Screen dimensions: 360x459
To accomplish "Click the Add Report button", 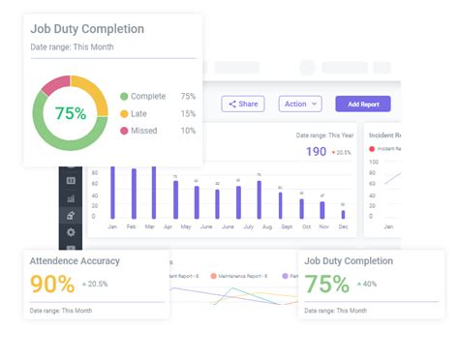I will click(363, 104).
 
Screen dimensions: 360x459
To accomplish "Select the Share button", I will click(242, 104).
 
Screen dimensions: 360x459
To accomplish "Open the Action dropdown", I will click(300, 104).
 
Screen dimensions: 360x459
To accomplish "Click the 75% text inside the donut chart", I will click(70, 113).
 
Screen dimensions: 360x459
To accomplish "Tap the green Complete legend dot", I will click(124, 97).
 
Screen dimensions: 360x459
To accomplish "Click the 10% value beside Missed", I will click(188, 131).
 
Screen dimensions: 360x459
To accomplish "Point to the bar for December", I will click(342, 213).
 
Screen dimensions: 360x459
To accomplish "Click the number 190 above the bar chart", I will click(316, 152).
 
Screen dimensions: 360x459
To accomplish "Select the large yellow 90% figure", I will click(52, 284).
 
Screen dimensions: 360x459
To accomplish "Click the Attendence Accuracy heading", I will click(75, 260).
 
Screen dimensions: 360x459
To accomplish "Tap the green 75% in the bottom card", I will click(326, 284).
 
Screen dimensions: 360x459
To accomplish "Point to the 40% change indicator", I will click(369, 284).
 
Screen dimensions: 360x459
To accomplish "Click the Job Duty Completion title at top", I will click(87, 29).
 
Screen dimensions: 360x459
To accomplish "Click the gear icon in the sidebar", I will click(70, 232).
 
